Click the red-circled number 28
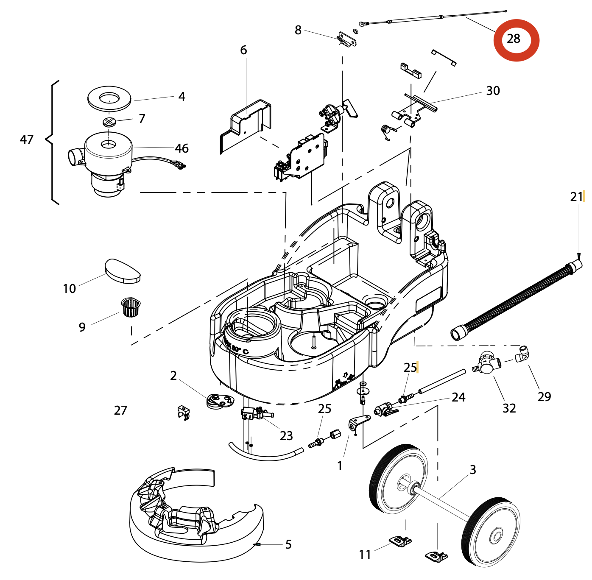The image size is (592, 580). click(514, 39)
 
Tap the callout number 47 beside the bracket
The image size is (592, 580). click(27, 139)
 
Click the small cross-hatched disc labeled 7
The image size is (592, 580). click(109, 122)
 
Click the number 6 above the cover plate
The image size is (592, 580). click(243, 50)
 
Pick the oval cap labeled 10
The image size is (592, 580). click(122, 271)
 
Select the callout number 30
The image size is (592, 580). click(493, 91)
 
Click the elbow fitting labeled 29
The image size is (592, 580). click(522, 354)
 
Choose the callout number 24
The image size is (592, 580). click(458, 397)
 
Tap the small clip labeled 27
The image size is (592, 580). click(183, 412)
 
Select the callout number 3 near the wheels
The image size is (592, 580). click(473, 470)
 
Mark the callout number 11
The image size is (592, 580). click(365, 555)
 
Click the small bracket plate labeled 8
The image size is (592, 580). click(347, 39)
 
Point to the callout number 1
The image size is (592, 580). click(340, 466)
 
